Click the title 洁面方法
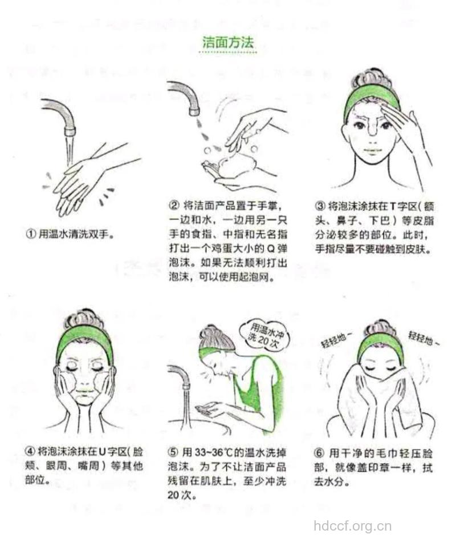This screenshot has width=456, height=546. (228, 42)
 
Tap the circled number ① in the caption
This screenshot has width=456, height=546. (31, 234)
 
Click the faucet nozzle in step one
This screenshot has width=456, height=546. (70, 131)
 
